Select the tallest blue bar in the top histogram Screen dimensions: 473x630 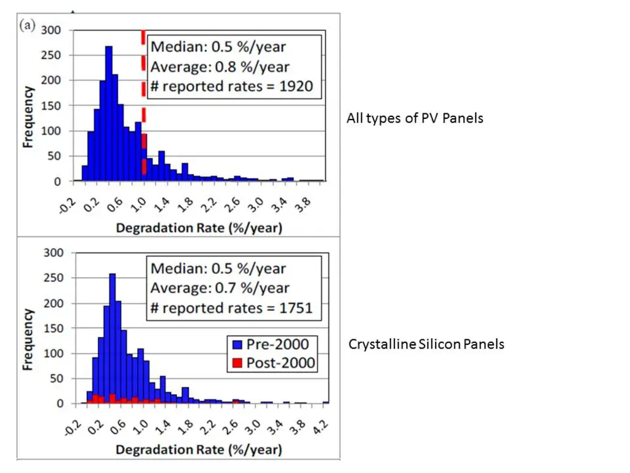tap(108, 114)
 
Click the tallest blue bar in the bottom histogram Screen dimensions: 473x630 tap(113, 338)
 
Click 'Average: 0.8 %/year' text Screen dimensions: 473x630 tap(220, 67)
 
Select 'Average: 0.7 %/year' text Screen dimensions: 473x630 tap(220, 288)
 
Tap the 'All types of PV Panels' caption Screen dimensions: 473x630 tap(415, 118)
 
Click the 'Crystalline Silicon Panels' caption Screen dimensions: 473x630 tap(426, 344)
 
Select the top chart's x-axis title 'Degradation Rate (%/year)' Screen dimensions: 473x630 tap(199, 228)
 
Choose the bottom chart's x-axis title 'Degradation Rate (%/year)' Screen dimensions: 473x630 tap(199, 450)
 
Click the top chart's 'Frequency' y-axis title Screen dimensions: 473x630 tap(28, 117)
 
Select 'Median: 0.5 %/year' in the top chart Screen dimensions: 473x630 tap(218, 46)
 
